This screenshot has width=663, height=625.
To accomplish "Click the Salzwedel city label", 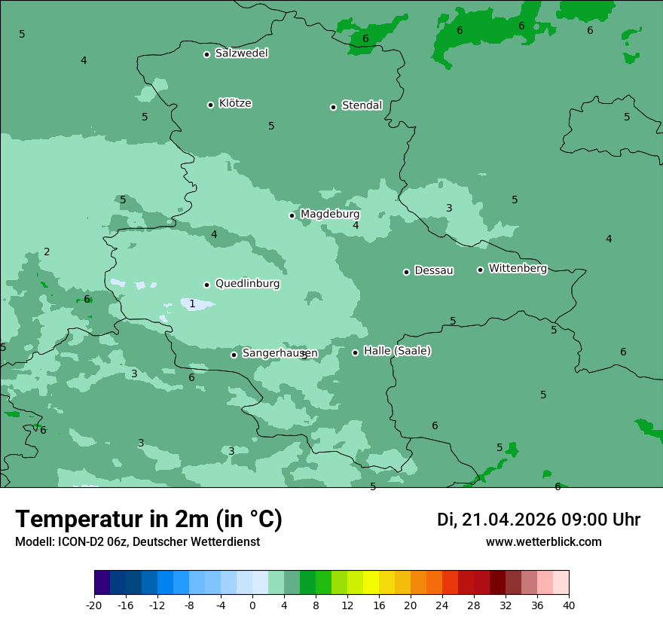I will tap(241, 53).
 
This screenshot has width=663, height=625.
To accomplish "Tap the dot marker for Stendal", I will tap(333, 107).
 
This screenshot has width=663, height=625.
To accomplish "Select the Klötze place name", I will tap(235, 103).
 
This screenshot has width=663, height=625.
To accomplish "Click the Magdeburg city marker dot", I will tap(292, 215).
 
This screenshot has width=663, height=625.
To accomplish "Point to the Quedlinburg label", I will tap(247, 284).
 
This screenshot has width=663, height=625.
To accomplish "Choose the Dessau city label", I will tap(434, 270).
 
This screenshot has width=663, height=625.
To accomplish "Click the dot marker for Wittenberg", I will tap(480, 270).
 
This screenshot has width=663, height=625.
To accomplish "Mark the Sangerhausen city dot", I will tap(234, 355).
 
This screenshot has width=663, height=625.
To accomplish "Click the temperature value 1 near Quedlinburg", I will tap(192, 303).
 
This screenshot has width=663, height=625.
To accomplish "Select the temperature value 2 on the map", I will tap(47, 252).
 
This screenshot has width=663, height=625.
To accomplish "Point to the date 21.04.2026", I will tap(509, 520).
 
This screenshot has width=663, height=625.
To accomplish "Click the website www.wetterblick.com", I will tap(543, 542).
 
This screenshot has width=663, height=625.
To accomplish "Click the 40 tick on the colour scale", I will tap(568, 605).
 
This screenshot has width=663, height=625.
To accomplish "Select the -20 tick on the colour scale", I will tap(94, 605).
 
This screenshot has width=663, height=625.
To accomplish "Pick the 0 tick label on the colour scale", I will tap(252, 605).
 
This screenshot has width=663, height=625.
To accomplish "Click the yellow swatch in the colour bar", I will tap(371, 583).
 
